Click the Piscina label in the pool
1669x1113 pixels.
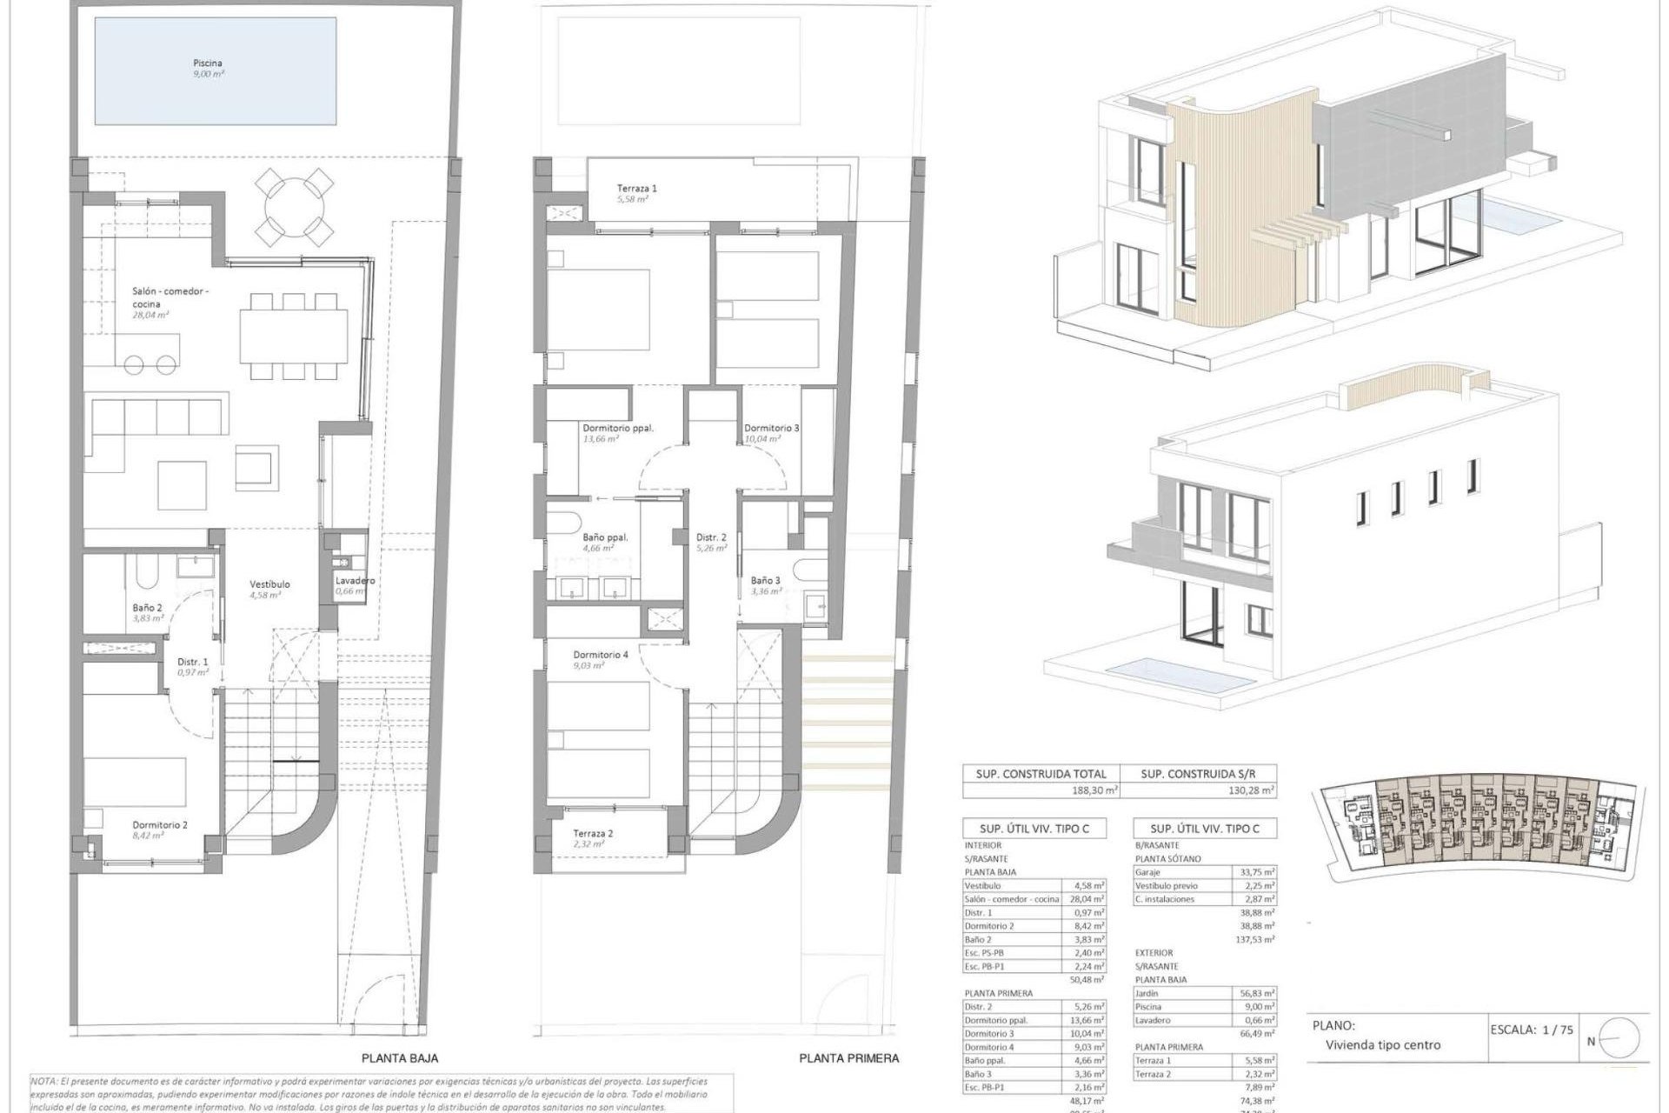point(208,63)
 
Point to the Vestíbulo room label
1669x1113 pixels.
point(269,584)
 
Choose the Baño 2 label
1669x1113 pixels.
point(147,608)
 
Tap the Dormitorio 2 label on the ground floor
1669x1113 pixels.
point(160,824)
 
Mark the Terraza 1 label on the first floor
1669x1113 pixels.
point(637,188)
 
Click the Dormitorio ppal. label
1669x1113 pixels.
point(617,428)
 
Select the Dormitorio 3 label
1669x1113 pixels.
point(771,428)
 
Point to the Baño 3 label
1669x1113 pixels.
point(765,580)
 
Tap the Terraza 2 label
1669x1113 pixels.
point(593,833)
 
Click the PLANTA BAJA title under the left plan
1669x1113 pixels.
point(400,1058)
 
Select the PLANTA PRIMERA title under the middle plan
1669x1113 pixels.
point(848,1058)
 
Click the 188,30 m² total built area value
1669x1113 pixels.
point(1094,791)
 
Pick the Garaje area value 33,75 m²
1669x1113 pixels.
point(1256,871)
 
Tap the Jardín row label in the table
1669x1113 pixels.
point(1147,993)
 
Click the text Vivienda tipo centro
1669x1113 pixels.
point(1382,1044)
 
